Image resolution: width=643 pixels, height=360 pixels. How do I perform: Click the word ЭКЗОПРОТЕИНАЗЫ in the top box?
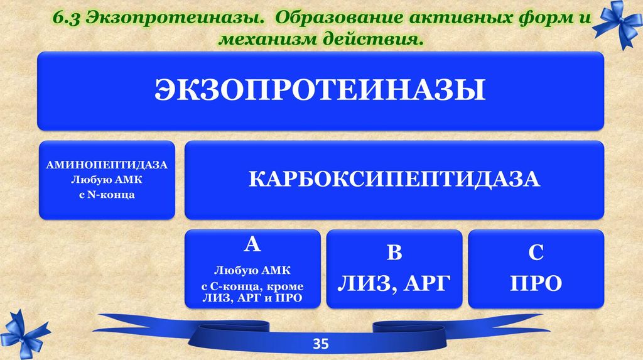click(320, 89)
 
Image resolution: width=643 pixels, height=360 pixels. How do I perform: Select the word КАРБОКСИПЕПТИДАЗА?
click(394, 180)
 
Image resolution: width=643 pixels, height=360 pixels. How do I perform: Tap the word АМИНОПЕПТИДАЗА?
click(107, 165)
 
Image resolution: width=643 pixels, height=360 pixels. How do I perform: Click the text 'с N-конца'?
click(107, 195)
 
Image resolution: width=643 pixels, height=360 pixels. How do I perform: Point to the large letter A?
click(252, 244)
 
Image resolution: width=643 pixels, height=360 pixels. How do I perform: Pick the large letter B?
click(394, 252)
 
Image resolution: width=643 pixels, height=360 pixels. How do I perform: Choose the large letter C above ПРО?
click(536, 252)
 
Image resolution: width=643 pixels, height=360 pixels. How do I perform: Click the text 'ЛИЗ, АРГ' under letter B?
click(394, 283)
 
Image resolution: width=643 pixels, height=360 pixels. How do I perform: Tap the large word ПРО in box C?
click(536, 283)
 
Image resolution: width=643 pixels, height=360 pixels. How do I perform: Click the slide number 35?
click(321, 344)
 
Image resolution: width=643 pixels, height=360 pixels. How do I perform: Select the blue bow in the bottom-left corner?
click(24, 334)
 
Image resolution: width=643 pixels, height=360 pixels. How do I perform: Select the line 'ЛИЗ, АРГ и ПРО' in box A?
click(252, 298)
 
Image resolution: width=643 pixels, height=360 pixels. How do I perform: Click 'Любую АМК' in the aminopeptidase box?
click(107, 180)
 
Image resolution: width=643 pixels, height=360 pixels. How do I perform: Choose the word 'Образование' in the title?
click(340, 18)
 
